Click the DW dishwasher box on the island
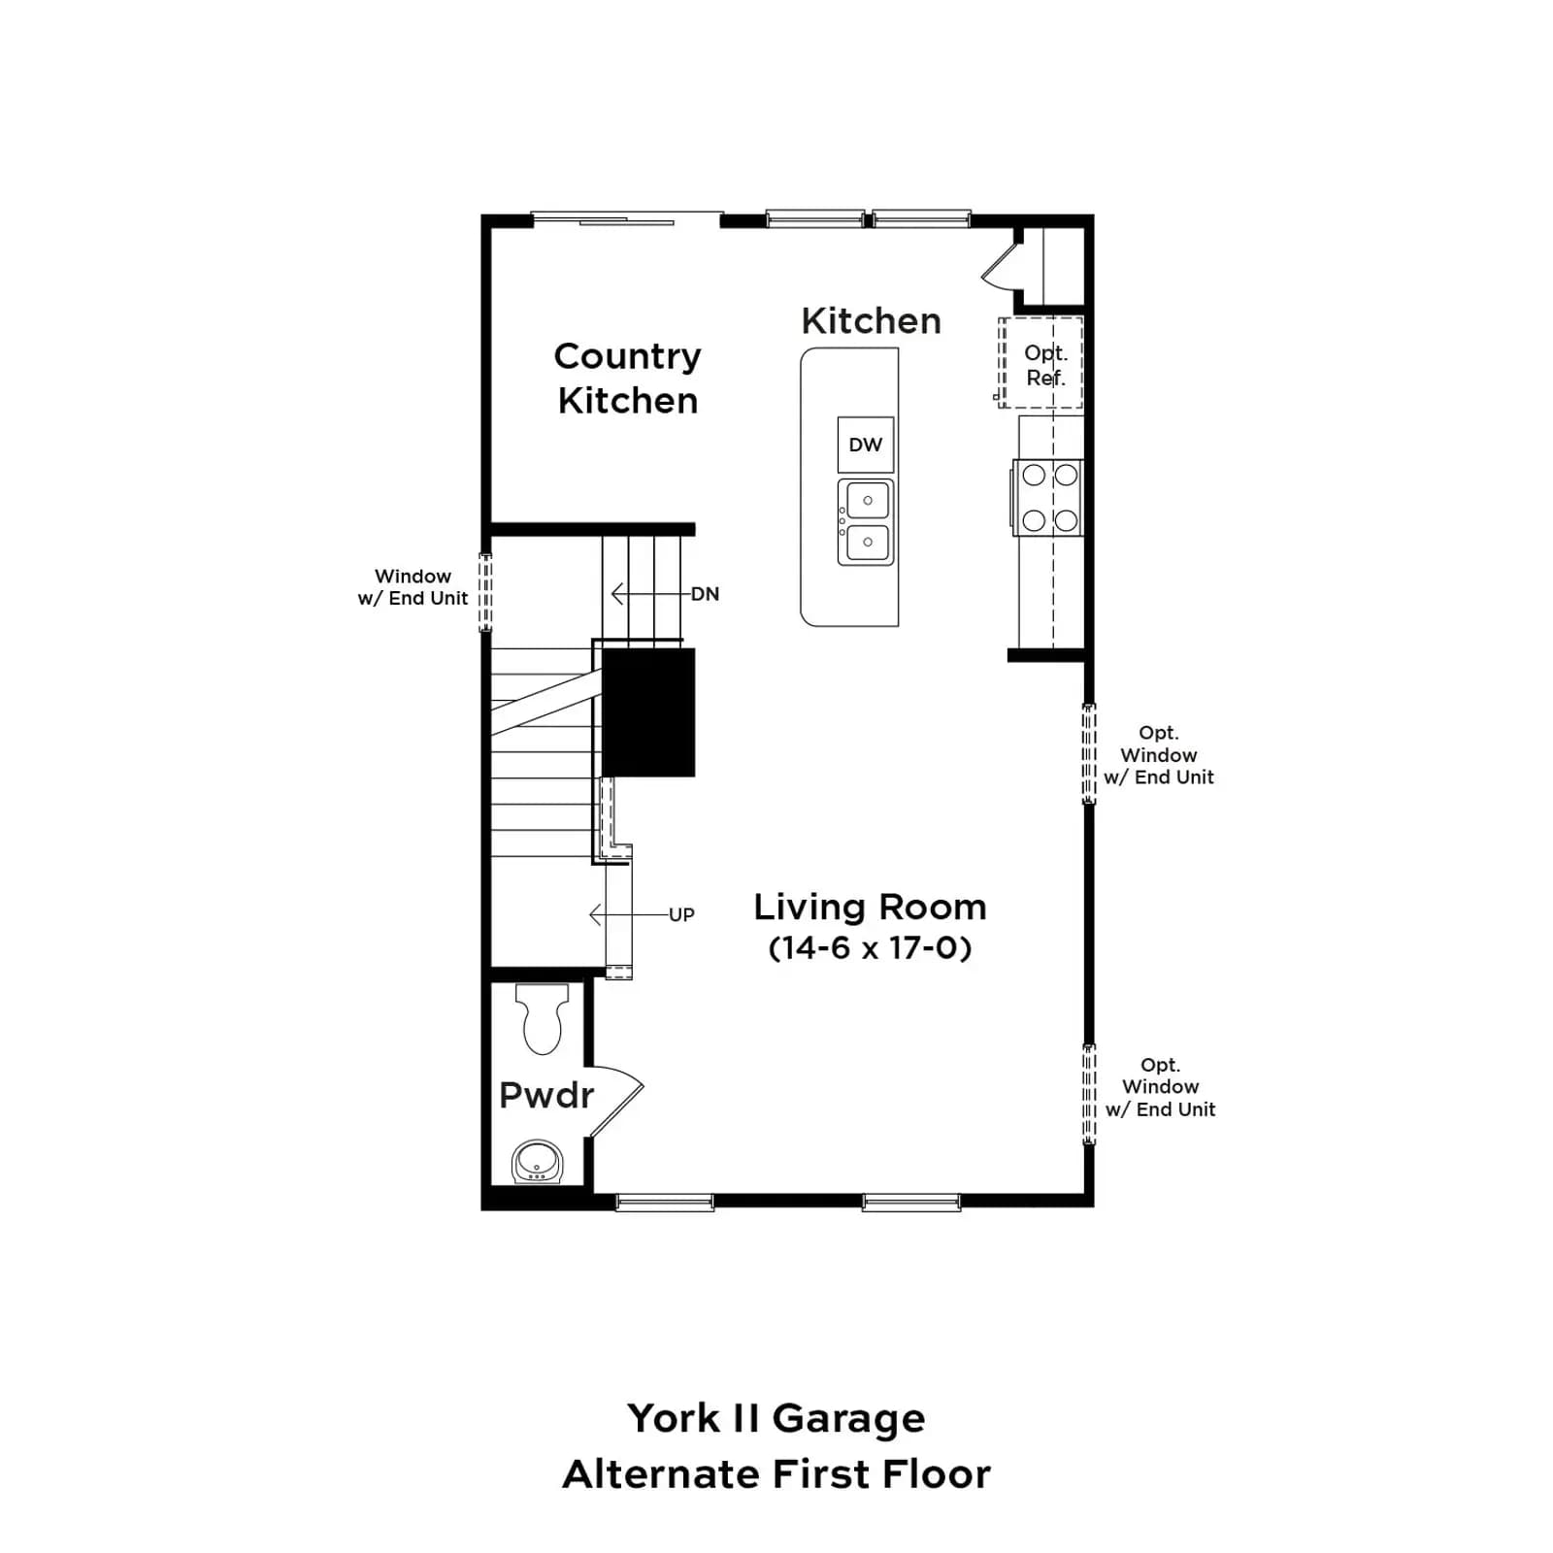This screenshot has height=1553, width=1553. pyautogui.click(x=865, y=445)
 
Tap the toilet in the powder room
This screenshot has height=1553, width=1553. pyautogui.click(x=542, y=1018)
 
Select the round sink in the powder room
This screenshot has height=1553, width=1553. pyautogui.click(x=537, y=1161)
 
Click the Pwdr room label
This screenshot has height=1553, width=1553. pyautogui.click(x=545, y=1095)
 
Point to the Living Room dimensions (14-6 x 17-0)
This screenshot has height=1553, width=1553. pyautogui.click(x=870, y=947)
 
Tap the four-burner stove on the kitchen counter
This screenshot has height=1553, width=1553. pyautogui.click(x=1048, y=497)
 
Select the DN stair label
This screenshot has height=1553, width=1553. pyautogui.click(x=706, y=594)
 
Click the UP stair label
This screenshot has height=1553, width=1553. pyautogui.click(x=681, y=914)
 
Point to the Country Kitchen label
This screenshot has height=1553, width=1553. pyautogui.click(x=627, y=379)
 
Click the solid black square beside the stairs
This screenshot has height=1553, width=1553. pyautogui.click(x=648, y=712)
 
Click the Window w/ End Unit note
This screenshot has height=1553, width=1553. pyautogui.click(x=413, y=587)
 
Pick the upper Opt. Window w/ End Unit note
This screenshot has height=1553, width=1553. pyautogui.click(x=1159, y=754)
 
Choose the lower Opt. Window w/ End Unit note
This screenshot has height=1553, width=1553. pyautogui.click(x=1160, y=1087)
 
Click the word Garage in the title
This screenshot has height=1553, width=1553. pyautogui.click(x=849, y=1419)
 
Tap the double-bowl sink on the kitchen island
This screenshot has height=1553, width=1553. pyautogui.click(x=866, y=521)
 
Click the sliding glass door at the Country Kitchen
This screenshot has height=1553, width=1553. pyautogui.click(x=627, y=220)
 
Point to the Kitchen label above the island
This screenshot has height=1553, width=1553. pyautogui.click(x=871, y=320)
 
